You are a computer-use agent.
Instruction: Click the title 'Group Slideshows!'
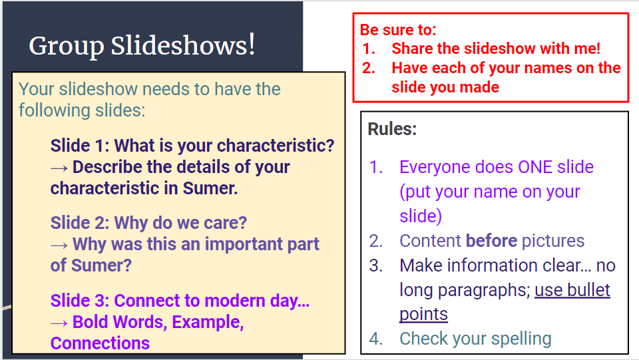click(142, 46)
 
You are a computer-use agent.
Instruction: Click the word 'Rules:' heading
click(392, 129)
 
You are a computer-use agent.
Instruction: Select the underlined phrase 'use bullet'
click(572, 290)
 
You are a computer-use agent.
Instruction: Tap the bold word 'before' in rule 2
click(491, 241)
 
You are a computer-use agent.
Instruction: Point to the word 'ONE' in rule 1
click(535, 167)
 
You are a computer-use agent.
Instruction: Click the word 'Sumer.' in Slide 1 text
click(210, 188)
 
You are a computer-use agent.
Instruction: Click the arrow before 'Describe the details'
click(59, 168)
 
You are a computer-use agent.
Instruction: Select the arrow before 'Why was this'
click(59, 245)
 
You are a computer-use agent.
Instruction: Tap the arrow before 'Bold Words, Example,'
click(59, 323)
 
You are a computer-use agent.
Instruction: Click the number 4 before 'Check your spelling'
click(375, 339)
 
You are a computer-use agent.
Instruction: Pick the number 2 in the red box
click(368, 68)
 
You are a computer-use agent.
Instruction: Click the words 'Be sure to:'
click(398, 30)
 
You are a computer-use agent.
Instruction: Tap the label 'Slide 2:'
click(80, 223)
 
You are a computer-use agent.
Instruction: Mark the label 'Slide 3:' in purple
click(80, 301)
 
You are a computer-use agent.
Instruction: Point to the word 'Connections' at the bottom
click(101, 343)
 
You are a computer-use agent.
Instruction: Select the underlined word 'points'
click(423, 315)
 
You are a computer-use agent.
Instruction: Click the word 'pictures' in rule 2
click(553, 241)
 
